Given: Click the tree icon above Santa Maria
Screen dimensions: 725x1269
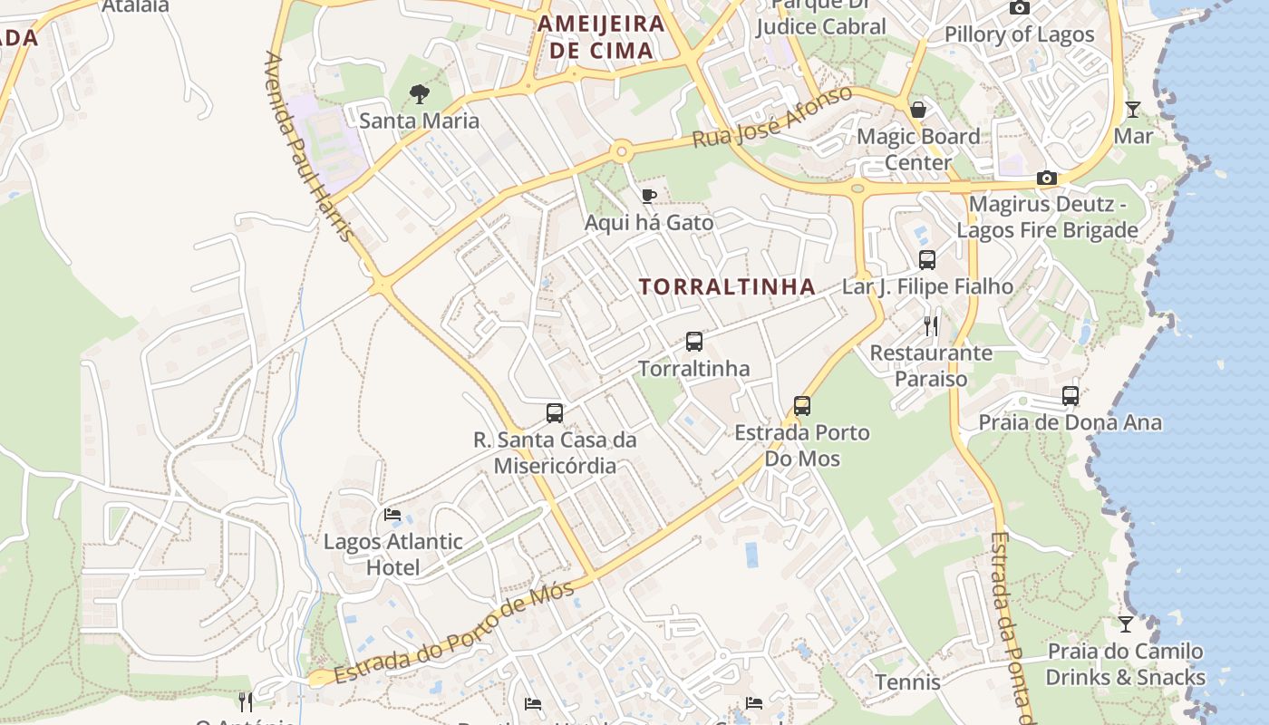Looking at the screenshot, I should (419, 93).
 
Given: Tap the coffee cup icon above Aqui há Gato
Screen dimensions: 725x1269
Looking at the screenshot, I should (649, 196).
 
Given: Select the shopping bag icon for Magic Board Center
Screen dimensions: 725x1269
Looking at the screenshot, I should (918, 111).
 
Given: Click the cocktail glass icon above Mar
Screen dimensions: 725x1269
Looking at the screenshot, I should (1133, 110).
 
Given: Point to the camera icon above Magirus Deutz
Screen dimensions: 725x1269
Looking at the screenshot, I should (1047, 178).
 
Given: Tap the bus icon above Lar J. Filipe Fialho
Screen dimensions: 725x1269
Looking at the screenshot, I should (927, 260).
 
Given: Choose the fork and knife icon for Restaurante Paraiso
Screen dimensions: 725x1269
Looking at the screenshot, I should (931, 326).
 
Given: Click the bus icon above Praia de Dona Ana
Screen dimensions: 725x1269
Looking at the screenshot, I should (1070, 396).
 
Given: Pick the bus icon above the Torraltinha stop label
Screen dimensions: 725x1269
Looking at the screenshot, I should (694, 342).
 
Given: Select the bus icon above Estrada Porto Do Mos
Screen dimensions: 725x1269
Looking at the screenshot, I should (801, 405).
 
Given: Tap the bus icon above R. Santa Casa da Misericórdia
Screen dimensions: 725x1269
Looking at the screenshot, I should (555, 413).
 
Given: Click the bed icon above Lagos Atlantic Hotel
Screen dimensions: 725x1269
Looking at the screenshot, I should (392, 515).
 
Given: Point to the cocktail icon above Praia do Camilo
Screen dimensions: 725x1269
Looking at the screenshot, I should (1125, 624).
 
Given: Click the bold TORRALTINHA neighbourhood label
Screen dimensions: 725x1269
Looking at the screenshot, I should (727, 287).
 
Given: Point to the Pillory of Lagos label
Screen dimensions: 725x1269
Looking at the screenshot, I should (1020, 34).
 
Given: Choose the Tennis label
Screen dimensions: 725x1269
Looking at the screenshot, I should (907, 681).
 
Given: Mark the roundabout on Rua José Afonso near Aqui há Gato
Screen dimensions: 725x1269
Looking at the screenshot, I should (622, 151).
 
